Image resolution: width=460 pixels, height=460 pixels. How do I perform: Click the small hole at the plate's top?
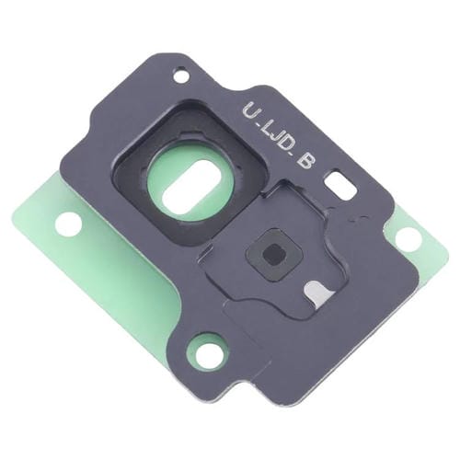181,75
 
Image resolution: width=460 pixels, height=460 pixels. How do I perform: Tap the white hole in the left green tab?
68,222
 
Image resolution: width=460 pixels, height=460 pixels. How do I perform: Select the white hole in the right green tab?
408,239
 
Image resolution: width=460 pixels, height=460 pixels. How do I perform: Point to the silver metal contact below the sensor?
316,292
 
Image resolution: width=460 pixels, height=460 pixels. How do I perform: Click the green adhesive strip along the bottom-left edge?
110,304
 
